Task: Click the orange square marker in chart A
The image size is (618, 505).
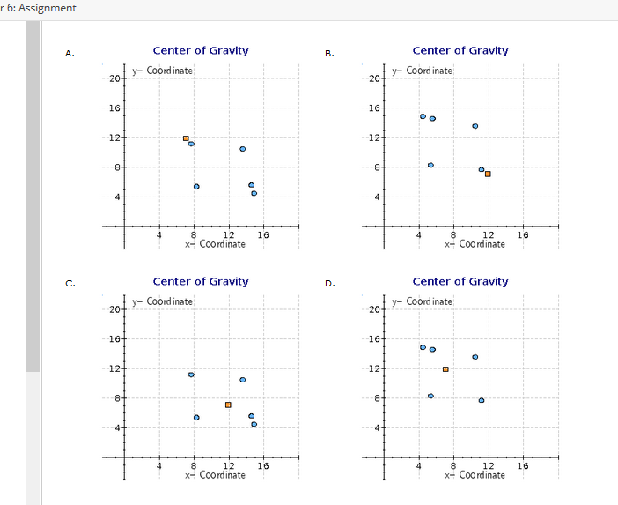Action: click(x=186, y=138)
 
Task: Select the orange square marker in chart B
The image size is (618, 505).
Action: click(x=488, y=174)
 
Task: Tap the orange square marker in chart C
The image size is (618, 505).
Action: click(x=228, y=405)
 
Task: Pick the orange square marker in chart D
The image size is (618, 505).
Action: click(x=445, y=369)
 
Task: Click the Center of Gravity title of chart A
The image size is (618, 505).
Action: click(x=201, y=51)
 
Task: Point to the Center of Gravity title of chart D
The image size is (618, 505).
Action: click(x=460, y=282)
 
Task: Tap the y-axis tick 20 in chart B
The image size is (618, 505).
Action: click(x=374, y=79)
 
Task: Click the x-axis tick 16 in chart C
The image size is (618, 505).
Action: click(x=262, y=465)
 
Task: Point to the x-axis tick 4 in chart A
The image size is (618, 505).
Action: click(x=158, y=234)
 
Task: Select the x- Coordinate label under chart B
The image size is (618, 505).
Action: click(x=475, y=244)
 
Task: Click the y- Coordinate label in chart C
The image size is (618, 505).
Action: click(x=163, y=301)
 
